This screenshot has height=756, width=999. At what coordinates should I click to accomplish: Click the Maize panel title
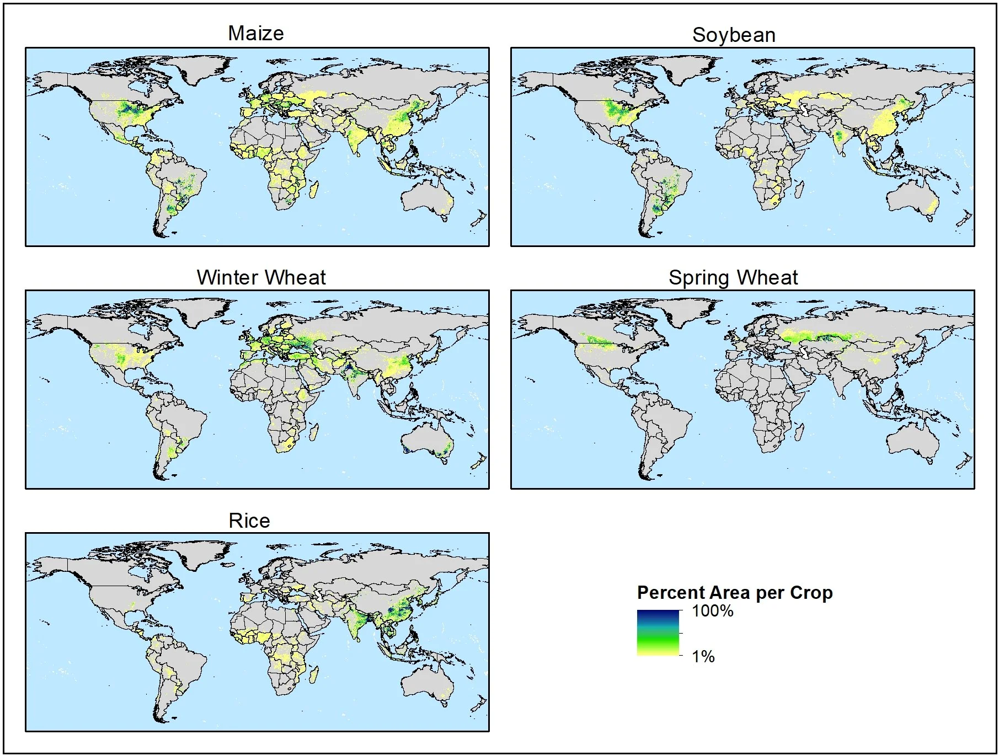pyautogui.click(x=256, y=34)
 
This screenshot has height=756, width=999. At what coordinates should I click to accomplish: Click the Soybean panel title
pyautogui.click(x=734, y=35)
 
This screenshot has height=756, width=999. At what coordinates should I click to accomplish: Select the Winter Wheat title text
pyautogui.click(x=261, y=277)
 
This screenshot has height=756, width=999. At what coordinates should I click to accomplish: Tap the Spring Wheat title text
pyautogui.click(x=733, y=277)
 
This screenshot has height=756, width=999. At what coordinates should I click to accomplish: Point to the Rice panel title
pyautogui.click(x=249, y=521)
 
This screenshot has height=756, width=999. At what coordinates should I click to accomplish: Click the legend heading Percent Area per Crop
pyautogui.click(x=734, y=593)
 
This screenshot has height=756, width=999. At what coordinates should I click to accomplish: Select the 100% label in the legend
pyautogui.click(x=713, y=611)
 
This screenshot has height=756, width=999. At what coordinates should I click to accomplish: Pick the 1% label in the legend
pyautogui.click(x=703, y=656)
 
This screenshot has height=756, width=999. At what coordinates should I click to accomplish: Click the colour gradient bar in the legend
pyautogui.click(x=658, y=632)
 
